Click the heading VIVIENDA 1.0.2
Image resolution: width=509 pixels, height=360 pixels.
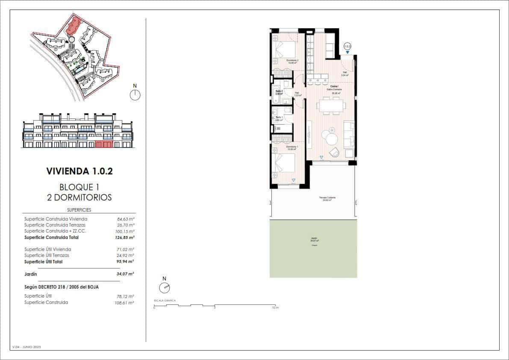coord(79,171)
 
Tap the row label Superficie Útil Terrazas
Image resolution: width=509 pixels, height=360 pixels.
coord(47,255)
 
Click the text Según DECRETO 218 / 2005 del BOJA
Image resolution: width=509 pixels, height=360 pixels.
coord(62,287)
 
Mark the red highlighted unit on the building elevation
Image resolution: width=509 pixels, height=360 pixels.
coord(104,144)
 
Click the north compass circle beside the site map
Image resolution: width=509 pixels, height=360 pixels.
coord(135,95)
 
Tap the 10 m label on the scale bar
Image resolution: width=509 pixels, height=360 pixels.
coord(276,308)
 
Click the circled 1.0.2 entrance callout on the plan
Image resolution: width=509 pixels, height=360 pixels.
coord(347,46)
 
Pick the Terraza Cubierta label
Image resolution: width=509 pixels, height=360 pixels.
coord(327,198)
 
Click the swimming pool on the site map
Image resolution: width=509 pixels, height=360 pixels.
coord(79,68)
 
